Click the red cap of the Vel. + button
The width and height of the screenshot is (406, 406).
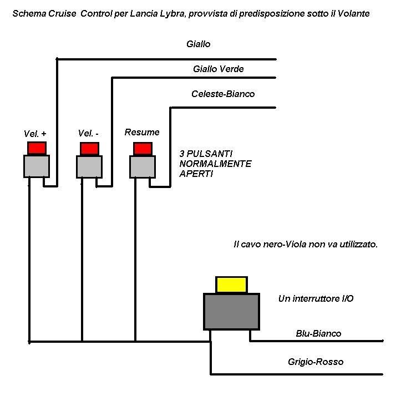pyautogui.click(x=37, y=148)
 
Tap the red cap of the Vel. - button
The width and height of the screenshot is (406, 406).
pyautogui.click(x=89, y=149)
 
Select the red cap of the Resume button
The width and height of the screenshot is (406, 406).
pyautogui.click(x=143, y=149)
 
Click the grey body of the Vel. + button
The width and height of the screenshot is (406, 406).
pyautogui.click(x=37, y=166)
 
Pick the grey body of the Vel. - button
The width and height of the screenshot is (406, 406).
pyautogui.click(x=89, y=166)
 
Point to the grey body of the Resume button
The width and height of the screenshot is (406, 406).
pyautogui.click(x=143, y=166)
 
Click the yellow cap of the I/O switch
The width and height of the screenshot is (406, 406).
pyautogui.click(x=232, y=285)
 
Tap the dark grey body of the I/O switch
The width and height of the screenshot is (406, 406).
pyautogui.click(x=231, y=311)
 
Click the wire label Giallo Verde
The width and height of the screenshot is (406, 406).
pyautogui.click(x=219, y=69)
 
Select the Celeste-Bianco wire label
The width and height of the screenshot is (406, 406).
pyautogui.click(x=223, y=94)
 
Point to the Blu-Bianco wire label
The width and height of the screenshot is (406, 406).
pyautogui.click(x=318, y=333)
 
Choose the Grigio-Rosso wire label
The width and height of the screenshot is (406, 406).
pyautogui.click(x=316, y=362)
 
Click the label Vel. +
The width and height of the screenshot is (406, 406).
pyautogui.click(x=35, y=133)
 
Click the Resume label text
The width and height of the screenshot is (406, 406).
pyautogui.click(x=142, y=132)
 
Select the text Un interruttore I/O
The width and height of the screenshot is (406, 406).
pyautogui.click(x=316, y=298)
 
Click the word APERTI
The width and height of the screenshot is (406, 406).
pyautogui.click(x=196, y=174)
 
